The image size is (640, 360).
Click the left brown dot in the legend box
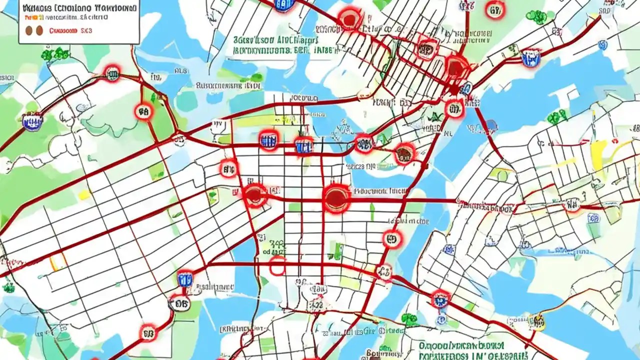(x=28, y=30)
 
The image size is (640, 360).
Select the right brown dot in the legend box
(x=39, y=30)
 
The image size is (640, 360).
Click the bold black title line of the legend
(x=79, y=8)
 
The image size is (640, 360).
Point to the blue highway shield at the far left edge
(x=32, y=120)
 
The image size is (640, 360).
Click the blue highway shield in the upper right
(x=530, y=58)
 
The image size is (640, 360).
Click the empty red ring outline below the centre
(x=276, y=266)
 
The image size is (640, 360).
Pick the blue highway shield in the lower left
(x=184, y=278)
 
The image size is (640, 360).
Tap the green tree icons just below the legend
(x=55, y=54)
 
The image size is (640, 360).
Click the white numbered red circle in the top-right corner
(x=494, y=10)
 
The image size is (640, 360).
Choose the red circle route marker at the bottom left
(x=148, y=332)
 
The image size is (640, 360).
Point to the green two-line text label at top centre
(x=275, y=45)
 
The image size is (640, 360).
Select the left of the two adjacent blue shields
(x=268, y=140)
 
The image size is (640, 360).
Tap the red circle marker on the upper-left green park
(x=143, y=112)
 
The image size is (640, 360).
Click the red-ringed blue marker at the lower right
(x=440, y=299)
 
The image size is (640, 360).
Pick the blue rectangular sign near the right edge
(x=593, y=218)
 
